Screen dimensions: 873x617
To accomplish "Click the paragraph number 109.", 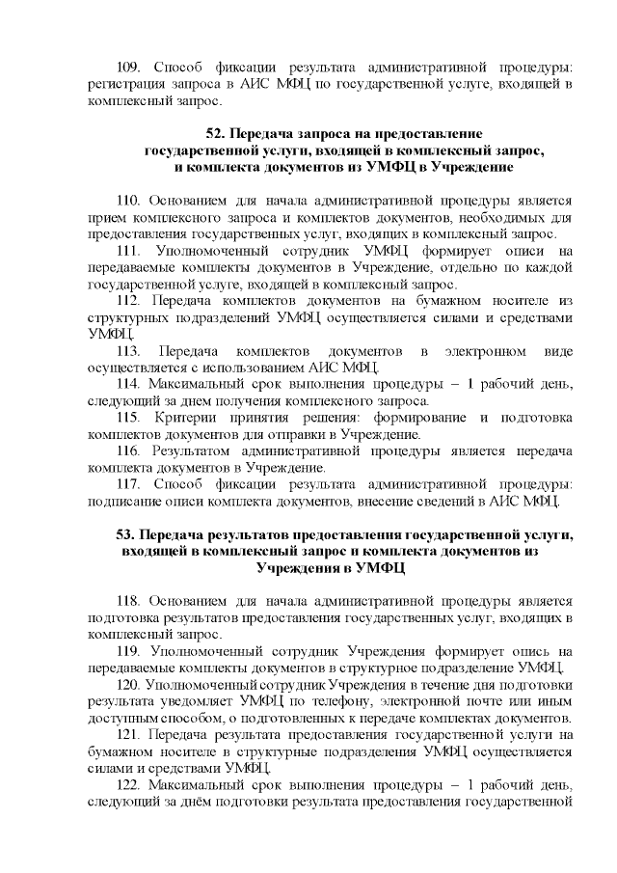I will coord(128,68).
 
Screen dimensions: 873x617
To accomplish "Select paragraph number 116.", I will coord(128,450).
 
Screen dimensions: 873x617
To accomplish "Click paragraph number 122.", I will coord(128,785).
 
